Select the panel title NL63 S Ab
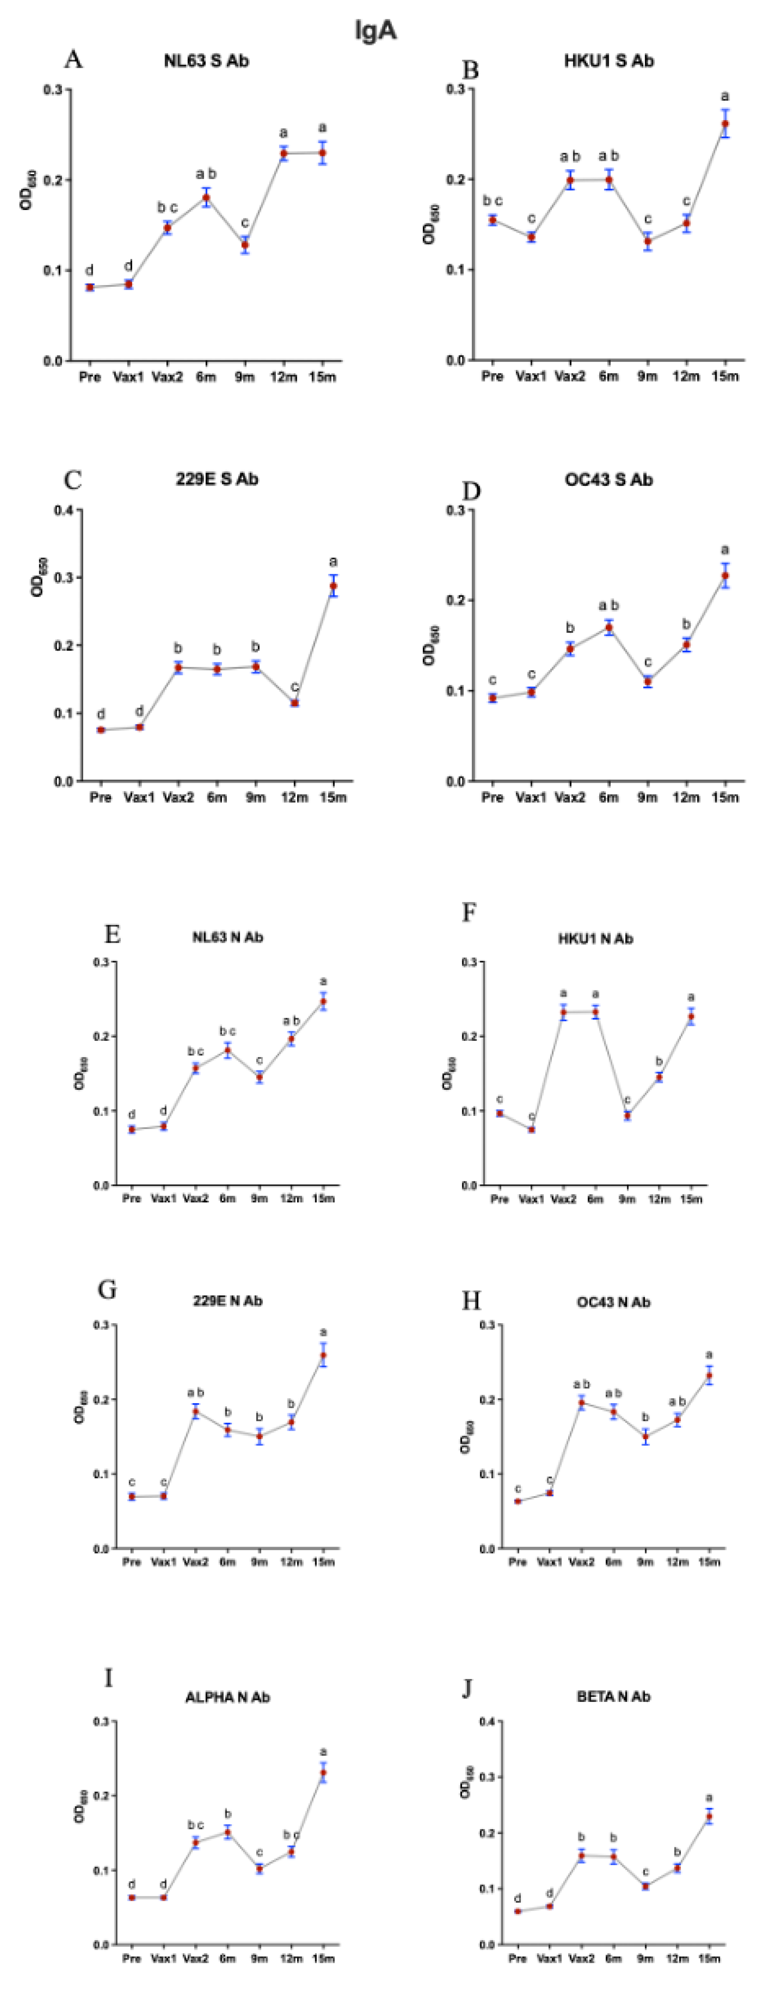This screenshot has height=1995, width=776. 206,61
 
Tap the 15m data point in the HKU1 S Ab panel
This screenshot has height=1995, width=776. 725,124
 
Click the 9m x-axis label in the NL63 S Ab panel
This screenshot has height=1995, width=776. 245,377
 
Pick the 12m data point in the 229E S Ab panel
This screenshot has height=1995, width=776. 294,702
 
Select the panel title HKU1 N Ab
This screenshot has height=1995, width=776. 595,939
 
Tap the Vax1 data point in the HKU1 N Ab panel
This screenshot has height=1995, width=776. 531,1129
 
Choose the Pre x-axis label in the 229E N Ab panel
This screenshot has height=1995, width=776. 132,1562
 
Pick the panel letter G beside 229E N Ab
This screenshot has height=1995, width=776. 107,1290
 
